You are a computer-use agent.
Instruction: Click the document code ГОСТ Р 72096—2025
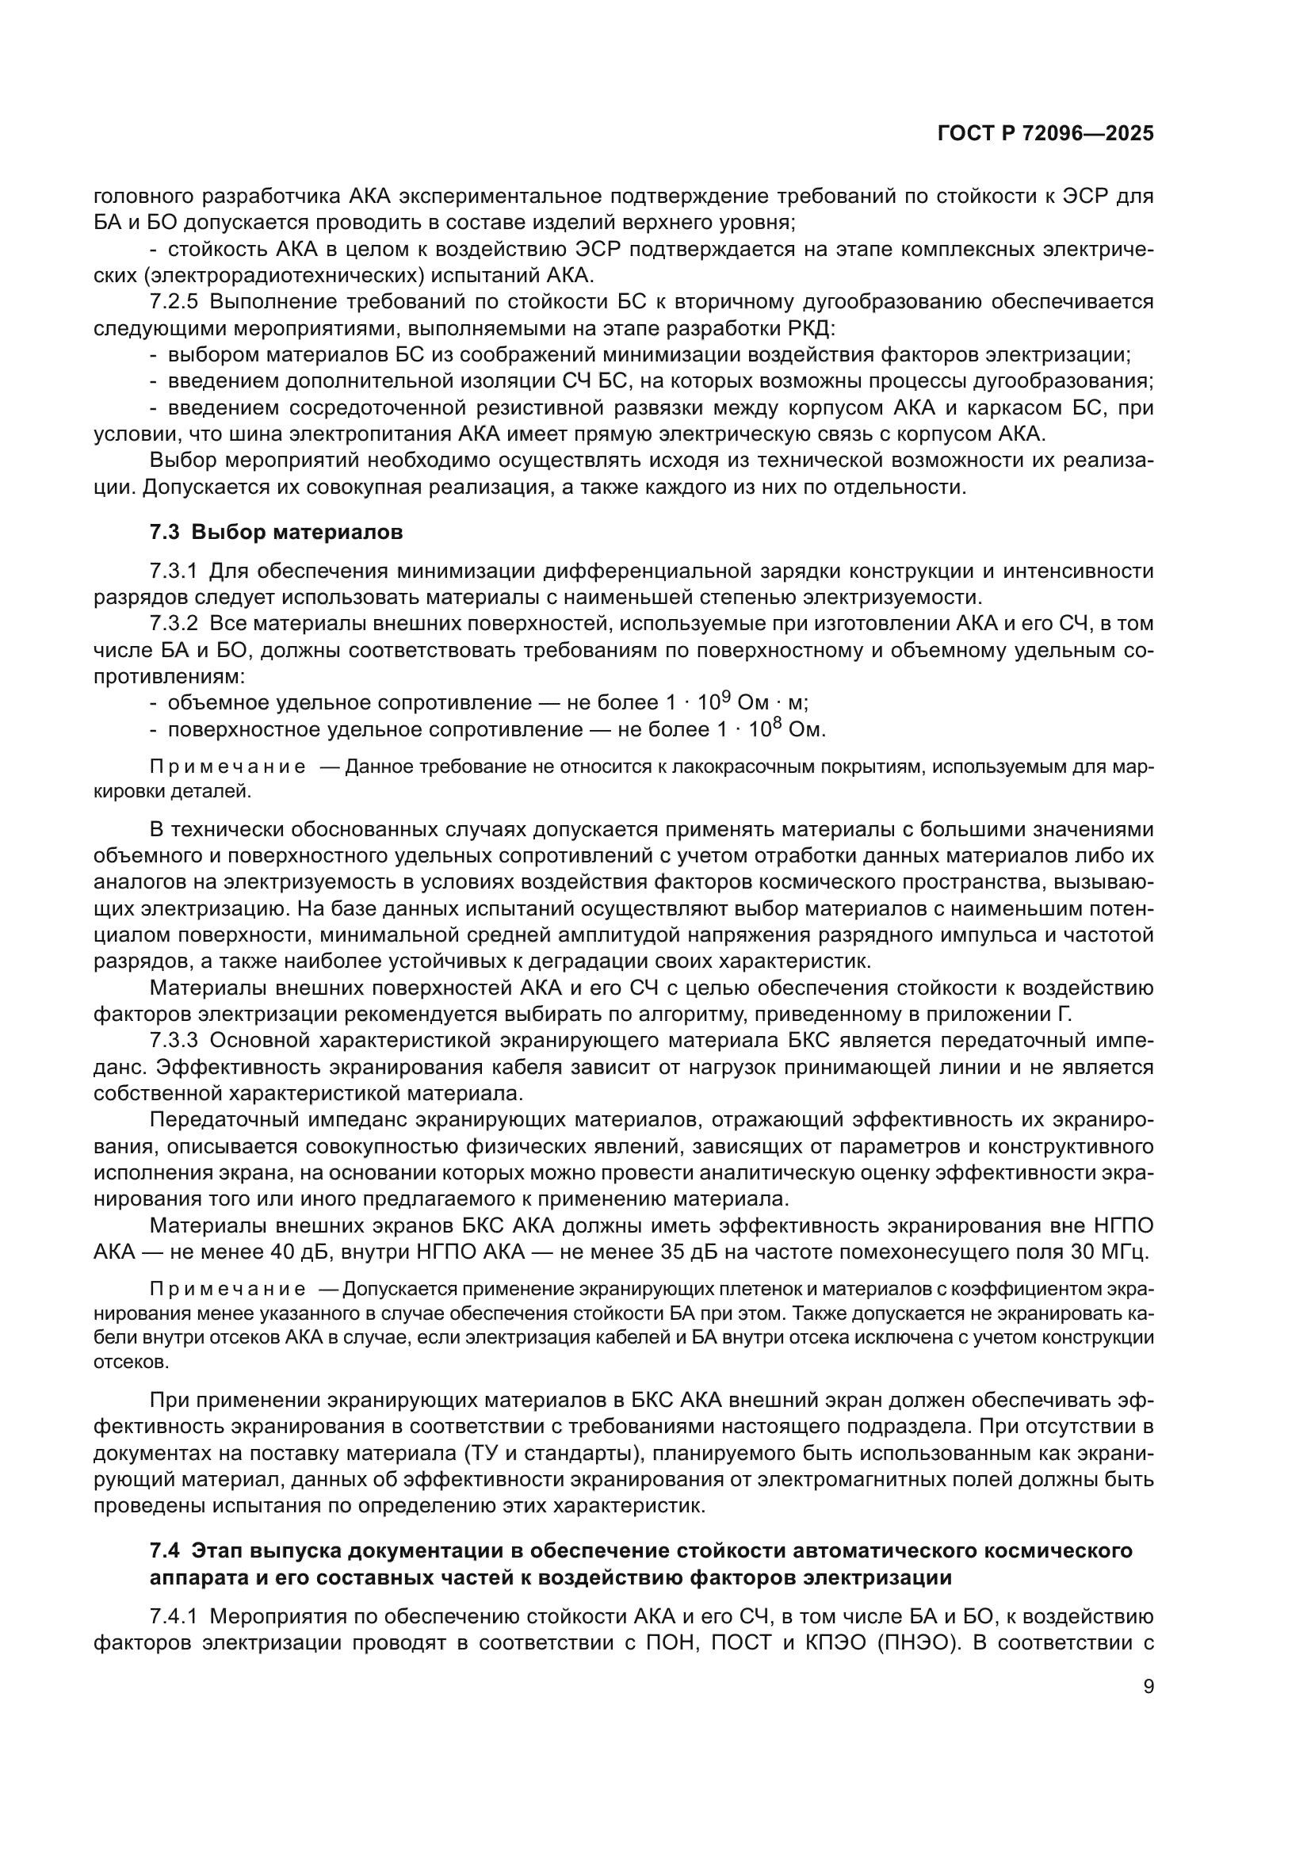tap(1045, 134)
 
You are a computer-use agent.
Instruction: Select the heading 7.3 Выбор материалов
tap(276, 532)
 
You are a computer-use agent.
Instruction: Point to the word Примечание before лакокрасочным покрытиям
tap(227, 767)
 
